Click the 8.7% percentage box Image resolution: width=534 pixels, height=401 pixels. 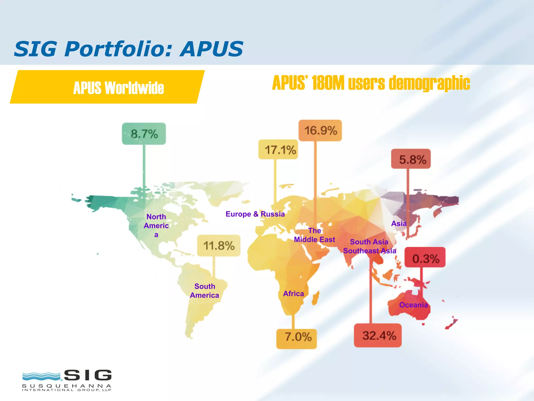click(144, 134)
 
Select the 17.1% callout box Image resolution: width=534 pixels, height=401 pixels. click(278, 150)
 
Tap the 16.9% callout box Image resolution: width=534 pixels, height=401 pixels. click(320, 131)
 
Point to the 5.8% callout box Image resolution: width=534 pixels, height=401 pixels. click(411, 159)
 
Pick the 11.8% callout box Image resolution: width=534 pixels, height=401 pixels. click(219, 245)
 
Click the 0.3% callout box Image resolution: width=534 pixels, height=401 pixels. click(425, 258)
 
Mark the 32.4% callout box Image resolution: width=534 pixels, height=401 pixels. click(378, 335)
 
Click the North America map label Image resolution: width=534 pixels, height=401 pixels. click(156, 226)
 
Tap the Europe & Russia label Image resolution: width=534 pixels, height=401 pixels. click(255, 214)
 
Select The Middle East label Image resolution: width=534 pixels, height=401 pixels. click(314, 235)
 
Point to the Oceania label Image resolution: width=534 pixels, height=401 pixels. click(414, 305)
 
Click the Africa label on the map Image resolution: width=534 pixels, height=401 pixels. click(294, 294)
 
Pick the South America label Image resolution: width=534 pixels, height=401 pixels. click(205, 291)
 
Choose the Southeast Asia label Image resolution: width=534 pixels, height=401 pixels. click(369, 251)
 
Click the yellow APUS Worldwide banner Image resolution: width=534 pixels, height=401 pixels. click(107, 87)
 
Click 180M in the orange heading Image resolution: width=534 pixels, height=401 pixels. click(328, 83)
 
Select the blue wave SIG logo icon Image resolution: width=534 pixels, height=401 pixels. click(41, 376)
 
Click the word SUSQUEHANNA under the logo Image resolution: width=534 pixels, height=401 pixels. click(67, 386)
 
